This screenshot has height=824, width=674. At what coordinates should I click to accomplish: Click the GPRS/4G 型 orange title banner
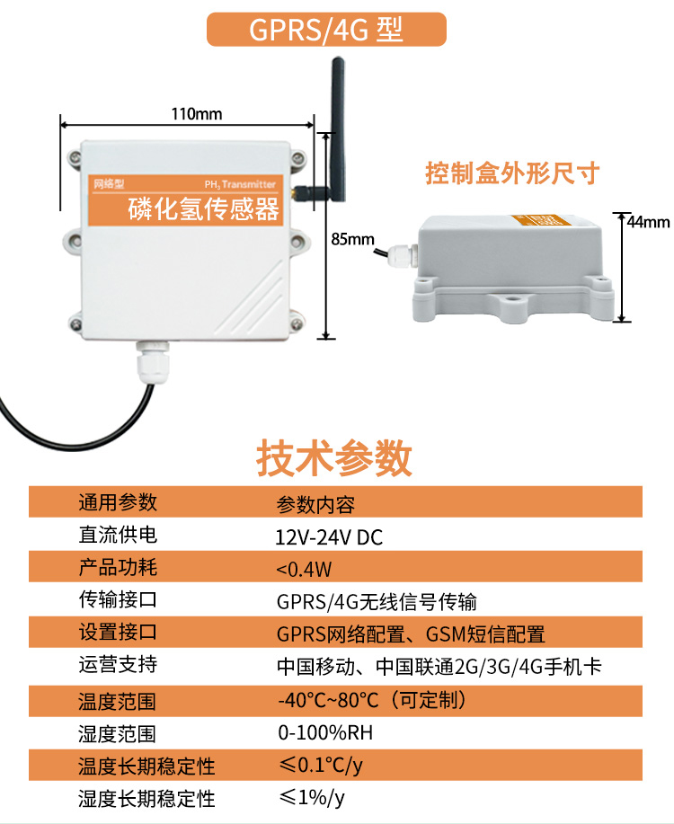coord(326,29)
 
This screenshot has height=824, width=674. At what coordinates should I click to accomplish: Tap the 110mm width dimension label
coord(196,114)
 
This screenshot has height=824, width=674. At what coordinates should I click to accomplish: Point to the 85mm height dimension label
coord(352,239)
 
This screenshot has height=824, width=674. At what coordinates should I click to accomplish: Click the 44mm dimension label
coord(648,221)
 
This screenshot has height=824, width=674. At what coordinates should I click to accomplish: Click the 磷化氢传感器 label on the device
coord(204,209)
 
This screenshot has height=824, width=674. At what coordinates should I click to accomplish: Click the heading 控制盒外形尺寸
coord(512,173)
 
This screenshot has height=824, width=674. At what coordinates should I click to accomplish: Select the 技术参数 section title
coord(334,458)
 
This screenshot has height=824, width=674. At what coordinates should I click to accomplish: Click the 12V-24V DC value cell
coord(329,537)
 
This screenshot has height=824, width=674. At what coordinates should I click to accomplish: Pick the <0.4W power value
coord(304,569)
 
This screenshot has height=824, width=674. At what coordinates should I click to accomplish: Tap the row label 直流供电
coord(118,536)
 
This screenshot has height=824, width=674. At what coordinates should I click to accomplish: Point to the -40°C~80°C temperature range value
coord(371,699)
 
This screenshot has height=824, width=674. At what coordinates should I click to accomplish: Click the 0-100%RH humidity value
coord(324,732)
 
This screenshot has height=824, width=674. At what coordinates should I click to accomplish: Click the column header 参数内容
coord(315,504)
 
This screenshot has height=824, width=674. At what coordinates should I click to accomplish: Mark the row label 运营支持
coord(118,666)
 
